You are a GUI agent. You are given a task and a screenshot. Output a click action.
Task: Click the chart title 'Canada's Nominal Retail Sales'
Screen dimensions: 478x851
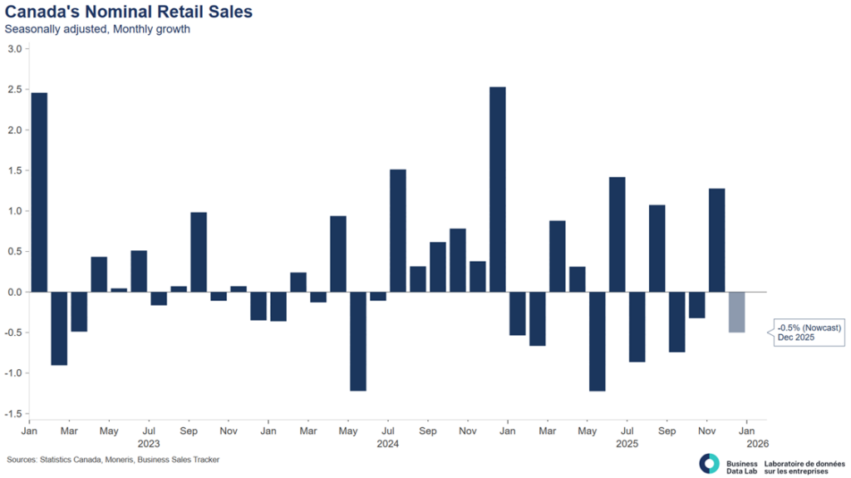click(129, 12)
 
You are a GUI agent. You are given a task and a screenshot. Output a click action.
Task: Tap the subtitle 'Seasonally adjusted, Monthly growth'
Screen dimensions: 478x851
click(97, 29)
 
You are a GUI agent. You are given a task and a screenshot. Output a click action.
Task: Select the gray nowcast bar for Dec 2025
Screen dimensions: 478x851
click(736, 312)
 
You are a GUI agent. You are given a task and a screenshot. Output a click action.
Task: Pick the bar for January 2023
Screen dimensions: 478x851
click(39, 192)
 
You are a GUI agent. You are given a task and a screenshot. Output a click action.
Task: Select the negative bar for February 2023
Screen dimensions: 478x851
click(59, 328)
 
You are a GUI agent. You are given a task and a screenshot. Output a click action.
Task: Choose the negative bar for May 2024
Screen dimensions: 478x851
click(358, 341)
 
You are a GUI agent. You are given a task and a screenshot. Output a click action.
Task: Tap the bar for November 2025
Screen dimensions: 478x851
click(716, 240)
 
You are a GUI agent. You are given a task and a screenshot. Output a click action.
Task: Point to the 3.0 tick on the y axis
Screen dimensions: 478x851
click(14, 49)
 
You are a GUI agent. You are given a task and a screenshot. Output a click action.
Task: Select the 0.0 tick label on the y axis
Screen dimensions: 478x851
click(14, 292)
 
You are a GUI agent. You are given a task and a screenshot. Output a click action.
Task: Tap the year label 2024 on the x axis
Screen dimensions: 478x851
click(388, 445)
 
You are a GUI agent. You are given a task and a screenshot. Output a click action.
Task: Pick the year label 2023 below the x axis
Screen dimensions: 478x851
click(149, 445)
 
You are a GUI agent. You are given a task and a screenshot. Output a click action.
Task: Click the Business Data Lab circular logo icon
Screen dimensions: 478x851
click(710, 463)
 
